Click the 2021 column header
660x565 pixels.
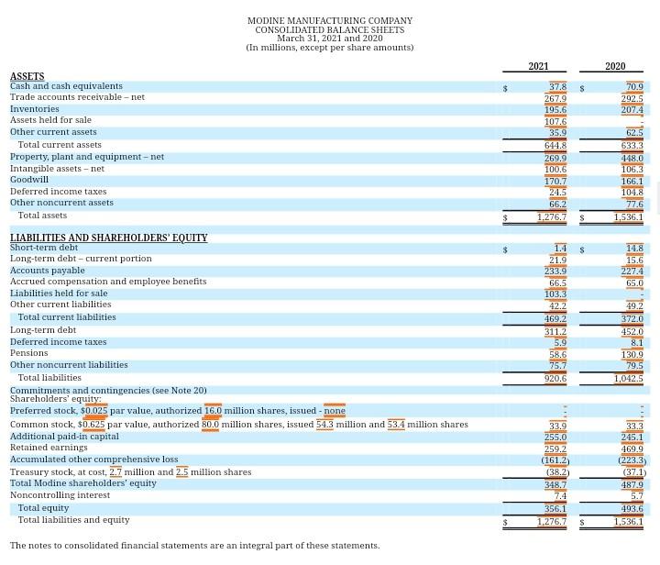[538, 66]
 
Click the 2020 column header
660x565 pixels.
[615, 66]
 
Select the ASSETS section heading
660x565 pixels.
[27, 77]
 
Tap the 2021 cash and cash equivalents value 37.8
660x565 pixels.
[556, 87]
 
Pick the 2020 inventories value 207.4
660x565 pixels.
[632, 110]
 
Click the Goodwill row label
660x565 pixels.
[29, 180]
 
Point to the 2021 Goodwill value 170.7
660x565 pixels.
[555, 182]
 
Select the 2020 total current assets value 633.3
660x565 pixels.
[632, 146]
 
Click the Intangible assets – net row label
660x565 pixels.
[57, 169]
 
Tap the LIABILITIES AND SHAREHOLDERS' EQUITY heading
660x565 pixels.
[108, 238]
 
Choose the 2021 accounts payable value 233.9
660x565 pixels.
[555, 271]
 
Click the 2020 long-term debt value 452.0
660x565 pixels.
[632, 332]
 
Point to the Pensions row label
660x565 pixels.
[28, 352]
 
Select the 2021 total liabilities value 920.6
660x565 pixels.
[555, 378]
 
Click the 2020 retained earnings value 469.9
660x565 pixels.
[632, 449]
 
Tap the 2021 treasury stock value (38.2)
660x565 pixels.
[555, 472]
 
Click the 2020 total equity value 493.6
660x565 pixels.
[632, 509]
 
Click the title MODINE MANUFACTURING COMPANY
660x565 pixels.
[330, 21]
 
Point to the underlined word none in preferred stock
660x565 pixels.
[335, 411]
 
